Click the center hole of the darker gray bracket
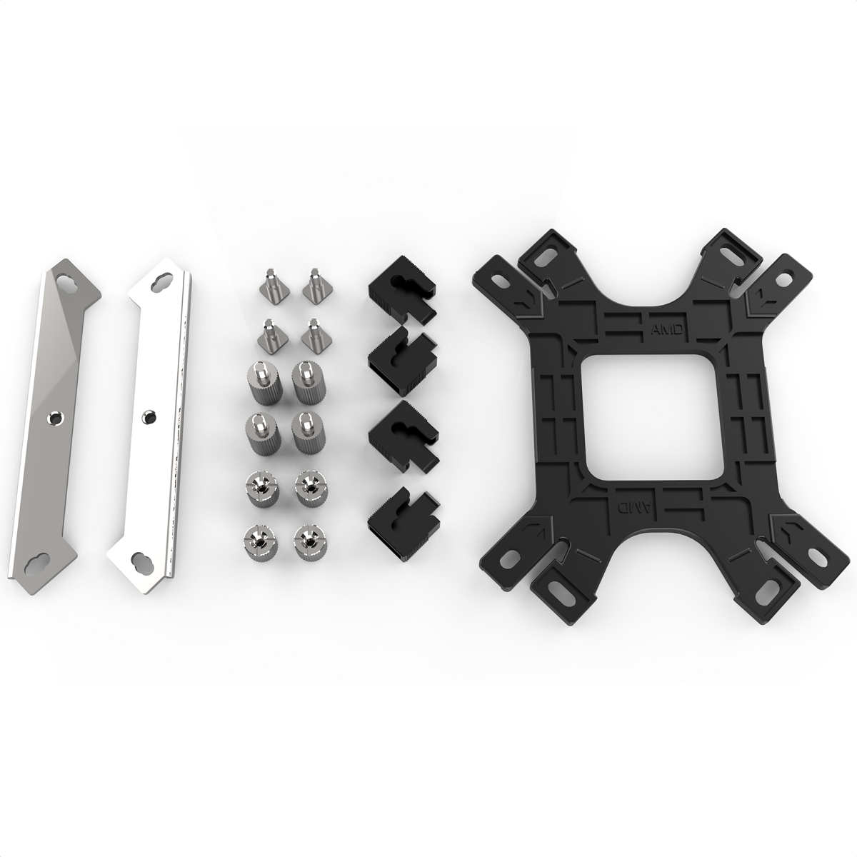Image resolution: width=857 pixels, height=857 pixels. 53,416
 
